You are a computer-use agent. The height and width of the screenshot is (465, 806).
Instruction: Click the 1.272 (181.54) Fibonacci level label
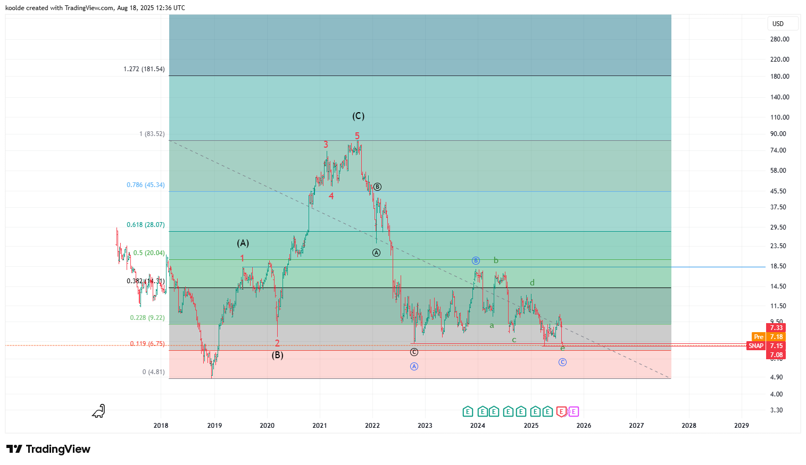[x=144, y=69]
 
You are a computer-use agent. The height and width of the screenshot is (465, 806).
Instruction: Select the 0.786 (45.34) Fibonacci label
[x=145, y=185]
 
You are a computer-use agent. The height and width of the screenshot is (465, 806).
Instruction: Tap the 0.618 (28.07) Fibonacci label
[x=145, y=225]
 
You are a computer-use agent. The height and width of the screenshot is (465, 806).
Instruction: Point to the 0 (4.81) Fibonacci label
[x=153, y=372]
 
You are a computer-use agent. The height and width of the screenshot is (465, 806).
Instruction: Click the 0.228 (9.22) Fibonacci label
[x=147, y=318]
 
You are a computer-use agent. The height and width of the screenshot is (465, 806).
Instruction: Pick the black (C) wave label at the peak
[x=358, y=116]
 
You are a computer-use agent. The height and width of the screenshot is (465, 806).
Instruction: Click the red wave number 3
[x=326, y=145]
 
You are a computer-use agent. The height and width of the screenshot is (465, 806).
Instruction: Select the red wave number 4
[x=331, y=196]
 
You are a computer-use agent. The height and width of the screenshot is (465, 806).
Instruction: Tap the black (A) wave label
[x=243, y=243]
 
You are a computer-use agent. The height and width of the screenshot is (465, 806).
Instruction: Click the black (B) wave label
[x=277, y=355]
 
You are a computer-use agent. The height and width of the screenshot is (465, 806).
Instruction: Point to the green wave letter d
[x=532, y=283]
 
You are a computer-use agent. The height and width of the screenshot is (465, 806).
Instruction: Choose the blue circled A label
[x=414, y=366]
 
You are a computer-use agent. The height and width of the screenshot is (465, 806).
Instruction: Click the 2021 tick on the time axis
[x=320, y=425]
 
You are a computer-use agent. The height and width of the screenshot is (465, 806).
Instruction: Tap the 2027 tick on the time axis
[x=636, y=425]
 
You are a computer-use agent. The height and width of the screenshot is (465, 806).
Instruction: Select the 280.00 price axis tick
[x=779, y=39]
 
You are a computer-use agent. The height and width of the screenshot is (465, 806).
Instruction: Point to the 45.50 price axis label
[x=778, y=191]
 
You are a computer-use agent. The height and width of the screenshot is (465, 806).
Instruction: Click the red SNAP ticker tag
[x=755, y=346]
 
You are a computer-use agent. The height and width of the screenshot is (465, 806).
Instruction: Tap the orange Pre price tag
[x=758, y=337]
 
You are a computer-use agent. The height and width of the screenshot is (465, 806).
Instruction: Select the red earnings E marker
[x=561, y=411]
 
